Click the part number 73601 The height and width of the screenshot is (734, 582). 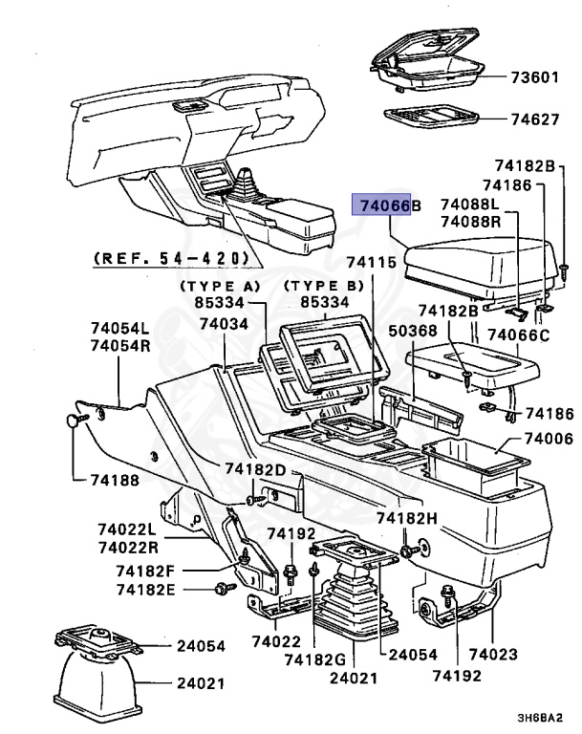(x=533, y=76)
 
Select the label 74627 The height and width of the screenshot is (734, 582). (x=533, y=120)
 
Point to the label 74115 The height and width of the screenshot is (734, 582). (x=370, y=261)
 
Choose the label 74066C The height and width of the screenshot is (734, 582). (x=519, y=335)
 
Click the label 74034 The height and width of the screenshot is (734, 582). (x=224, y=325)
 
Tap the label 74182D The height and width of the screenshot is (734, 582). (x=255, y=469)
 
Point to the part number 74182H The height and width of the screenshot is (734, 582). (x=406, y=517)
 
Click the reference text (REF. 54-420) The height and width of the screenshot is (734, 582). (x=171, y=258)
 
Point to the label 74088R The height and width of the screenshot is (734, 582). (x=469, y=221)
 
